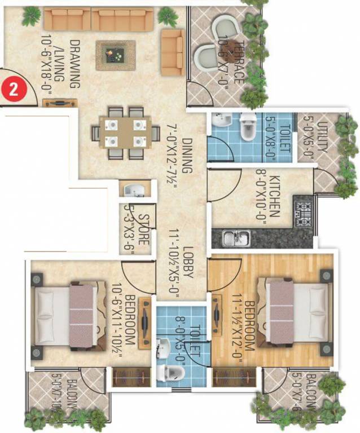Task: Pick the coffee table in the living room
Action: (116, 55)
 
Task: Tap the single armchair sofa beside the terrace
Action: (172, 52)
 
